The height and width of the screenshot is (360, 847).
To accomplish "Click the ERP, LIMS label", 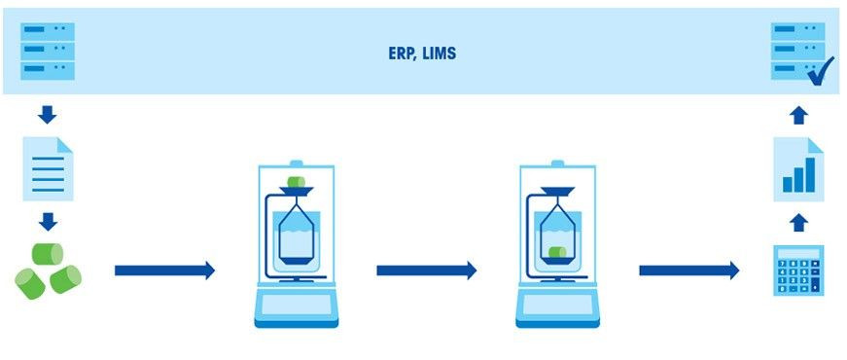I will (x=422, y=54).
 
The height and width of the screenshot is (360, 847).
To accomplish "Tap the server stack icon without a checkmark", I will (x=48, y=52).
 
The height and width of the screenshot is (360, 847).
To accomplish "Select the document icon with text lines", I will (x=48, y=169).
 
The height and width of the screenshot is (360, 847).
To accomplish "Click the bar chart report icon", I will (x=798, y=169).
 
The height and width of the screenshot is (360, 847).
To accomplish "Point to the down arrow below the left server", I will (x=48, y=115).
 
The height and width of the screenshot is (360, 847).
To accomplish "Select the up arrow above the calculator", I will (x=798, y=222).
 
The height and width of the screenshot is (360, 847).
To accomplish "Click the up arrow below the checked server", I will (x=798, y=115).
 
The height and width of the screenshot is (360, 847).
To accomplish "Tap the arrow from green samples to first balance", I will (x=163, y=270).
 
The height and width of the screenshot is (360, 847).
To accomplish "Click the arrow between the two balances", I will (x=426, y=270).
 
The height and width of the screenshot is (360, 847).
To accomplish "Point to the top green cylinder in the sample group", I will (x=48, y=253).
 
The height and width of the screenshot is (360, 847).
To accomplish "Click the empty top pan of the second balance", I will (x=557, y=192).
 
